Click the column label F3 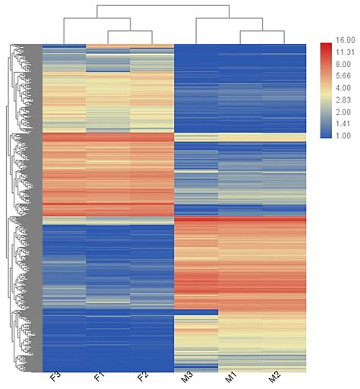tap(55, 378)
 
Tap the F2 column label tap(143, 378)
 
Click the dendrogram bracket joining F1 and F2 tap(130, 31)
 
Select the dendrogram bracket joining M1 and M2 tap(263, 31)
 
